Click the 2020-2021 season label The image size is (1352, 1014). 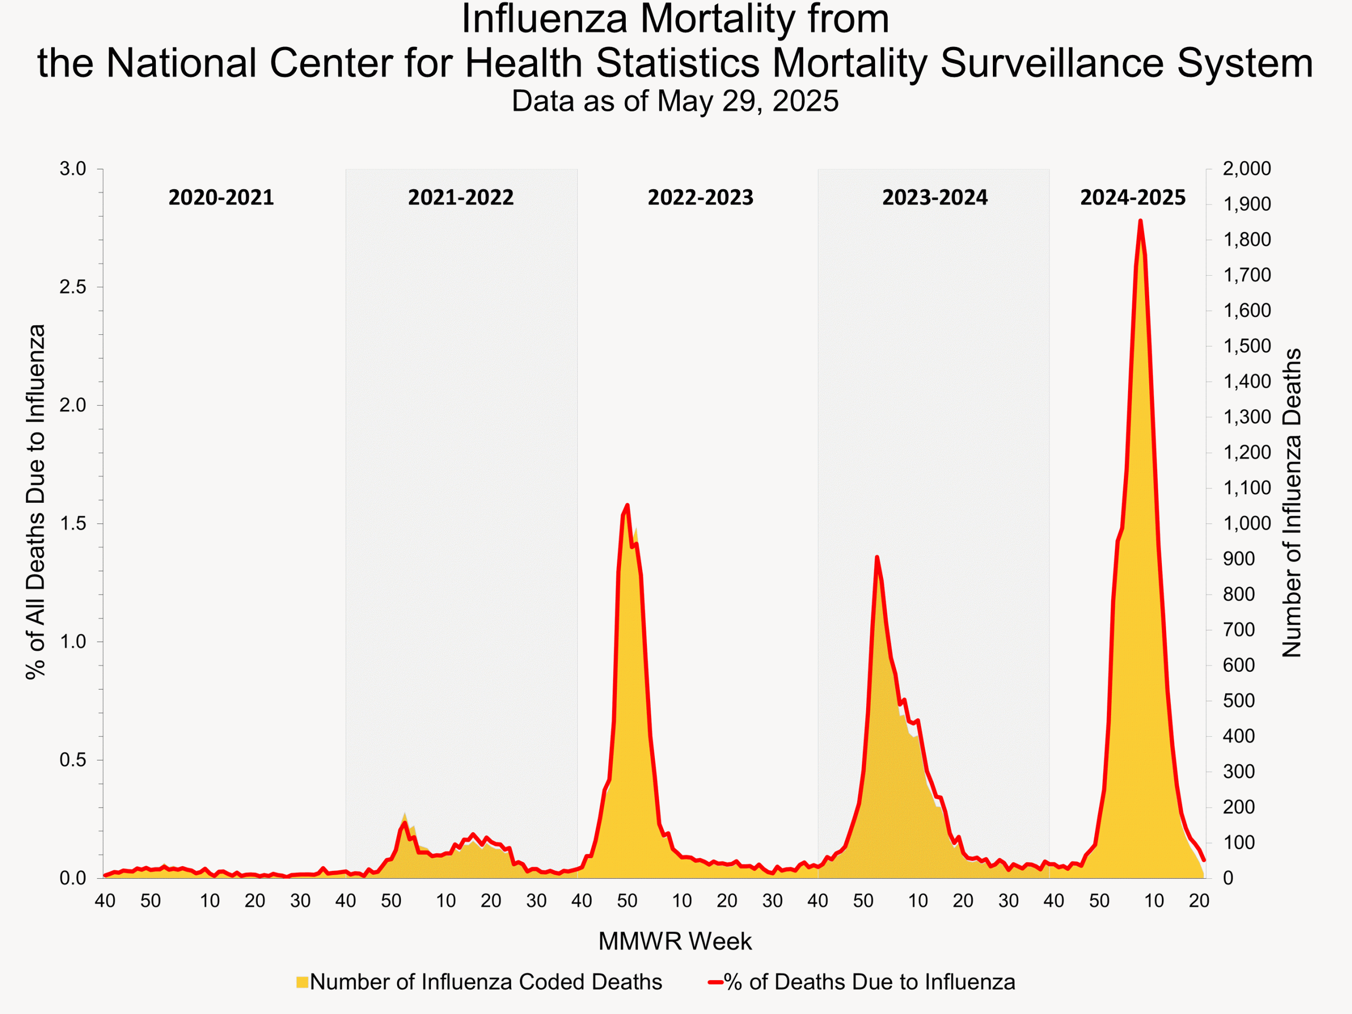tap(221, 198)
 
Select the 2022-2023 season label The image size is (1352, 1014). tap(700, 198)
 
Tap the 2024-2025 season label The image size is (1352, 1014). tap(1133, 198)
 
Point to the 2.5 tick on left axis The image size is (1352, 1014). tap(73, 287)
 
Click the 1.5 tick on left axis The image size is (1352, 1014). tap(73, 524)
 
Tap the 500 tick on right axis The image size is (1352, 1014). tap(1238, 700)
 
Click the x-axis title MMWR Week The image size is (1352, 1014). tap(675, 941)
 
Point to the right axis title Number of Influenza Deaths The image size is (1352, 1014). tap(1291, 502)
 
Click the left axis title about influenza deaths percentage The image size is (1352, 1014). tap(35, 501)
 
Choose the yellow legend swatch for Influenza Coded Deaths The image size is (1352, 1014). tap(302, 982)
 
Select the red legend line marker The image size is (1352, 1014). tap(716, 982)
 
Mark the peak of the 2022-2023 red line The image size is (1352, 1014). tap(627, 505)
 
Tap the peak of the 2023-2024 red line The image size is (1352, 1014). tap(877, 557)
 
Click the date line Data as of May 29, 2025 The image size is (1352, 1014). tap(675, 101)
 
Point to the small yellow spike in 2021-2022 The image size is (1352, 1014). tap(405, 815)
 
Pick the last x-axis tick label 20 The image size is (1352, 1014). tap(1199, 901)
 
